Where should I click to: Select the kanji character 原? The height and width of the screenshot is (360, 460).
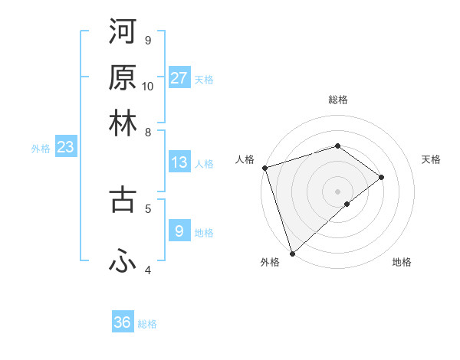[123, 78]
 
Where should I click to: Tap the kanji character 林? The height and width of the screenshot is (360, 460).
[123, 123]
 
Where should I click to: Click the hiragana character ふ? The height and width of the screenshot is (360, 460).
[123, 261]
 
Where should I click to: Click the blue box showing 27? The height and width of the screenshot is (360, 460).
[179, 78]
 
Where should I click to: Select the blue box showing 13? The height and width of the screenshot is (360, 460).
[179, 162]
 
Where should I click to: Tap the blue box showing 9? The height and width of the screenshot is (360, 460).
[179, 231]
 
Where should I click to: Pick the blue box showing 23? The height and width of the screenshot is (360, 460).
[64, 148]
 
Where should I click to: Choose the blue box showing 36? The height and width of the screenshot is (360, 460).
[123, 322]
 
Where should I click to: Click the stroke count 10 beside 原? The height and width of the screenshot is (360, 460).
[148, 86]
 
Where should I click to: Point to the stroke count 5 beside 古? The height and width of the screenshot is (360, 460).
[148, 207]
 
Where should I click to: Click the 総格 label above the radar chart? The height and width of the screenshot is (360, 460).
[338, 100]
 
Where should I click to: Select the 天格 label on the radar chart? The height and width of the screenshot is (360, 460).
[431, 159]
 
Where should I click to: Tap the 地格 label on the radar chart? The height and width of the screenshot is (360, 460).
[402, 262]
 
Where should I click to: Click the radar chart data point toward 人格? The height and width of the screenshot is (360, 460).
[264, 168]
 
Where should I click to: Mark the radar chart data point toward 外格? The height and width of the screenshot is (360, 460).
[292, 253]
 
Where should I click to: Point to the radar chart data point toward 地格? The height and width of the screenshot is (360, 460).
[347, 204]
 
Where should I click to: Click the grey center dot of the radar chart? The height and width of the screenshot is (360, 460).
[338, 191]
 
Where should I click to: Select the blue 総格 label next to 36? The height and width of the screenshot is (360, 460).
[148, 324]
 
